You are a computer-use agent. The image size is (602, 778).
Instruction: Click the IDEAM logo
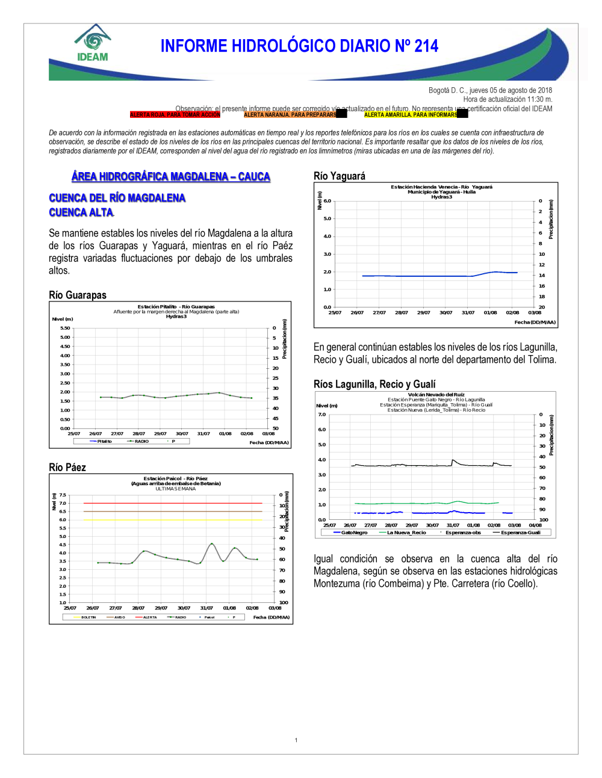click(93, 43)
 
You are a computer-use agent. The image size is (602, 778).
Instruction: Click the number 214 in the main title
click(426, 46)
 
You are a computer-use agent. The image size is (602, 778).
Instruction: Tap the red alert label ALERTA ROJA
click(175, 114)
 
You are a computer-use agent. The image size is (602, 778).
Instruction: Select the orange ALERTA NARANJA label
click(290, 114)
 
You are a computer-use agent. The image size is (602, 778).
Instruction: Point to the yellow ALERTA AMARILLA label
click(411, 114)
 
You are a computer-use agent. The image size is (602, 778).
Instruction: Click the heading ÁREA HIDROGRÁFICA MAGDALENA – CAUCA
click(171, 176)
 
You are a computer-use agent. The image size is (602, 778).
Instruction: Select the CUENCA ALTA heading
click(81, 212)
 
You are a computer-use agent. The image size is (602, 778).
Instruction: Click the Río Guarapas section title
click(78, 295)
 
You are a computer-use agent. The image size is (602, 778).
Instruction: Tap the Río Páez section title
click(67, 468)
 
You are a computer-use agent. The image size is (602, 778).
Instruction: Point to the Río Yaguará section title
click(340, 176)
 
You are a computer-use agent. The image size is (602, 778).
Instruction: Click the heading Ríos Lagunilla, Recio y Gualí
click(374, 384)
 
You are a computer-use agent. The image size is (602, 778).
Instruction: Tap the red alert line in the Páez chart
click(173, 503)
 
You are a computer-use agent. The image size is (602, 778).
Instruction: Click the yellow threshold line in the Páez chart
click(173, 520)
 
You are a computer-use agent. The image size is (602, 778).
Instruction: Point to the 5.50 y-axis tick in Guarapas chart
click(65, 328)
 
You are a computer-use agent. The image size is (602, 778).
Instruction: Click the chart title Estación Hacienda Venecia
click(441, 187)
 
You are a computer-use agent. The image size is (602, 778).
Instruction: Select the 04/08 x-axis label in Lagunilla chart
click(535, 525)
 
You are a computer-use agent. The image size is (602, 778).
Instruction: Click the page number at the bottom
click(296, 740)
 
